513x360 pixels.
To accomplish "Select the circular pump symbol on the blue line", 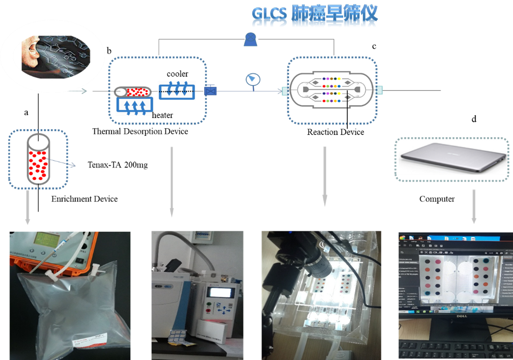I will point(252,79).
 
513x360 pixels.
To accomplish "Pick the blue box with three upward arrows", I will point(136,106).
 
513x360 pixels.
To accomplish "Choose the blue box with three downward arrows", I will point(177,90).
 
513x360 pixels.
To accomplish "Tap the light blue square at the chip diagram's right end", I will point(379,90).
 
